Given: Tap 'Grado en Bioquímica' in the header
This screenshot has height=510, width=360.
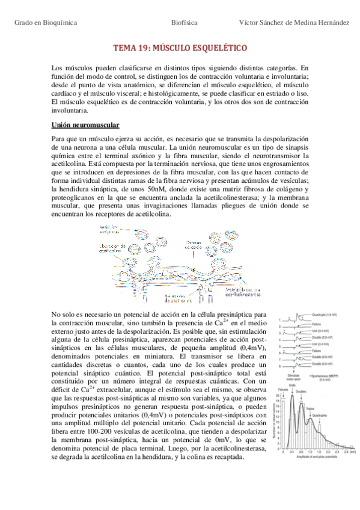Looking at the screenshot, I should pyautogui.click(x=46, y=22).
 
